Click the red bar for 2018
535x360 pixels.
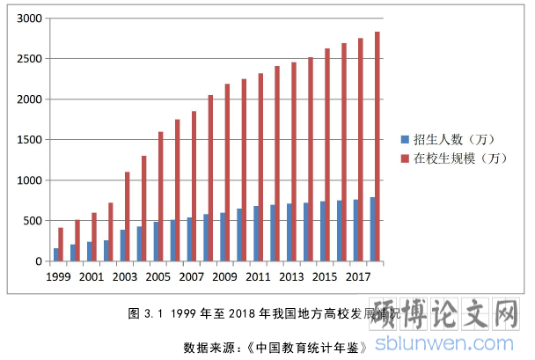coord(377,146)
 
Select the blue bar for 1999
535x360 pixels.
coord(56,254)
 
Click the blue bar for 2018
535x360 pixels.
coord(372,229)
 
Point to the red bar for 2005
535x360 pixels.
coord(160,196)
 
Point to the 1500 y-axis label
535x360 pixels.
coord(30,140)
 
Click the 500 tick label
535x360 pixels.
coord(33,221)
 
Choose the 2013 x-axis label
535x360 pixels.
coord(292,276)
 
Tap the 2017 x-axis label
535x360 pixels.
coord(359,276)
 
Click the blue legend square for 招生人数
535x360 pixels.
coord(405,139)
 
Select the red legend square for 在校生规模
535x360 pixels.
coord(405,158)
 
